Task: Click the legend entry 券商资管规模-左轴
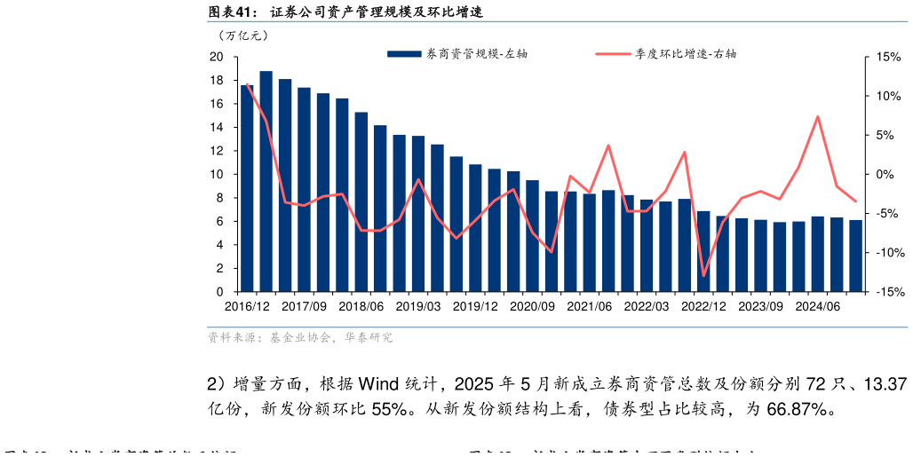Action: point(457,53)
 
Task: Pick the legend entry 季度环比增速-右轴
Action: point(666,53)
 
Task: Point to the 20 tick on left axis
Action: point(216,57)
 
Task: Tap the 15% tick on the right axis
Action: point(888,57)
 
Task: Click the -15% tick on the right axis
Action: point(887,292)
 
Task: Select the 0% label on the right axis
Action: point(885,175)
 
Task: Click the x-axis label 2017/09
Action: point(304,306)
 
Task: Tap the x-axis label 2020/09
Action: point(532,306)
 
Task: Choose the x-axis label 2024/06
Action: point(818,306)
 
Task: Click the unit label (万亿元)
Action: point(242,35)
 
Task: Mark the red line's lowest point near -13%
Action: point(703,276)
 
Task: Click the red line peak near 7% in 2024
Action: point(817,116)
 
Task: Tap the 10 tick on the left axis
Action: point(216,175)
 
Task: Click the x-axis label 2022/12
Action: point(703,306)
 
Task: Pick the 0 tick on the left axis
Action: point(219,292)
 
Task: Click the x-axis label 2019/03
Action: point(417,306)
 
